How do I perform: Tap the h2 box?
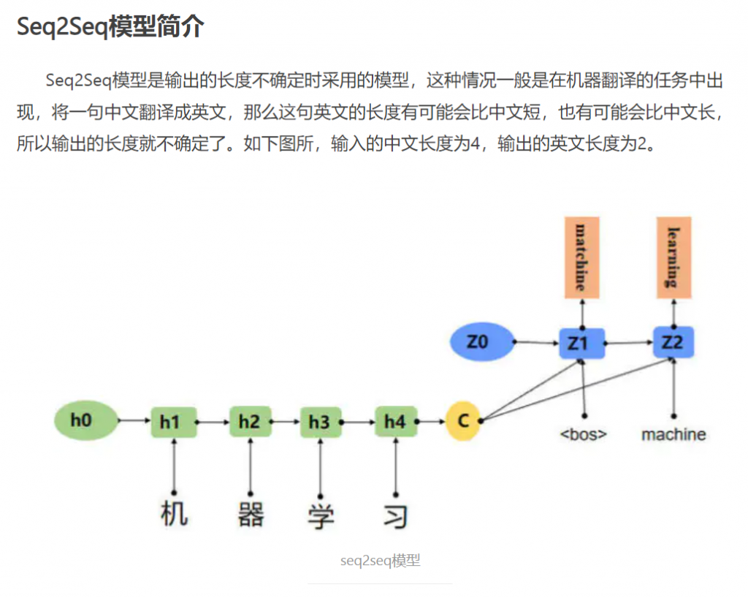point(250,422)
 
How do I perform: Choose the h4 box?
point(395,422)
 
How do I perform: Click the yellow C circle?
point(463,420)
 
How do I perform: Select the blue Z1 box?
point(581,342)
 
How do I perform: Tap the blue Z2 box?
point(673,342)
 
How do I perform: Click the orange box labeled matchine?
point(582,257)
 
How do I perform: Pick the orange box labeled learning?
point(673,257)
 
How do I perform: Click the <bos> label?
point(584,434)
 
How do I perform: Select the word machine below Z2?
point(673,434)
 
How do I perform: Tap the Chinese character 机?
point(174,514)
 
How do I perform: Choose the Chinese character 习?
point(395,515)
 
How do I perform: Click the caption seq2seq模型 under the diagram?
point(380,561)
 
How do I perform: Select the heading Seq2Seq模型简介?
point(110,27)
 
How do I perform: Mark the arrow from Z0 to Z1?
point(538,341)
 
